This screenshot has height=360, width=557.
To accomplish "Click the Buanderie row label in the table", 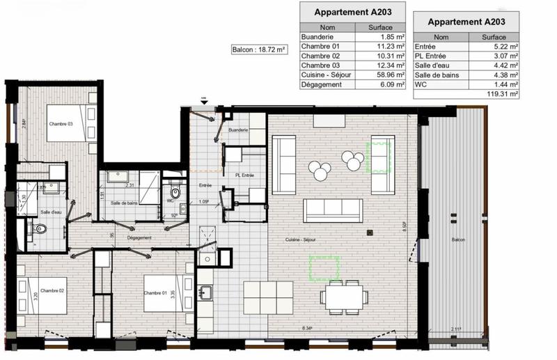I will [317, 38].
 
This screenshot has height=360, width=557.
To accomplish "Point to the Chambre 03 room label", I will [61, 123].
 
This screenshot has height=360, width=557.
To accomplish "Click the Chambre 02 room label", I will [52, 290].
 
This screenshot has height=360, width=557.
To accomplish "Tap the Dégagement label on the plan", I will [139, 237].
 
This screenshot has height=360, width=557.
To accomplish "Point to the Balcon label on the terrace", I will [457, 240].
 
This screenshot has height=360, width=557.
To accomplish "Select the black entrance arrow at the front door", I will [203, 102].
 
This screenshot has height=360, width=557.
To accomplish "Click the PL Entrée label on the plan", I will [243, 175].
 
